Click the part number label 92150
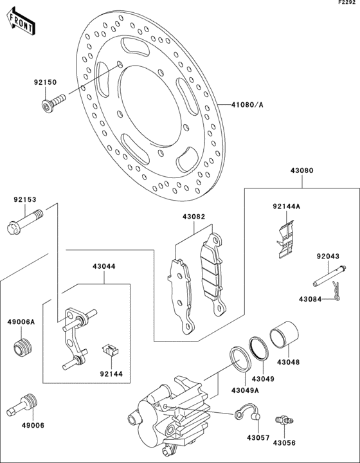click(x=45, y=82)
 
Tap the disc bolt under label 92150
click(x=53, y=103)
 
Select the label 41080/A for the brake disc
click(x=248, y=105)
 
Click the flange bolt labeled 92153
click(x=24, y=222)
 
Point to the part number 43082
click(x=194, y=217)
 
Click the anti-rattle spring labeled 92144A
click(x=285, y=239)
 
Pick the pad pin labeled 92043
click(x=329, y=276)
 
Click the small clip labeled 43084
click(x=336, y=291)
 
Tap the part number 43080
click(x=302, y=170)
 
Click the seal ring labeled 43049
click(x=259, y=349)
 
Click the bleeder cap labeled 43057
click(x=248, y=412)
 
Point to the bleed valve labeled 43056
click(x=284, y=419)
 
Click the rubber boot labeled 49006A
click(x=23, y=348)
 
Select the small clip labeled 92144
click(x=111, y=350)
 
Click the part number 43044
click(x=104, y=266)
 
